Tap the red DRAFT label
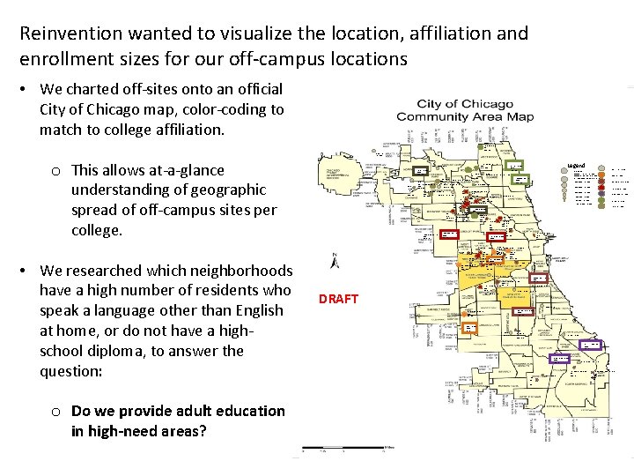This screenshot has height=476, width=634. [339, 299]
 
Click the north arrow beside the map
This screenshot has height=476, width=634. [335, 262]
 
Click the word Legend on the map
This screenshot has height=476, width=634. [577, 166]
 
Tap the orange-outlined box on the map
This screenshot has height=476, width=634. [469, 327]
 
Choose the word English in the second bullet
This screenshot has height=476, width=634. [259, 310]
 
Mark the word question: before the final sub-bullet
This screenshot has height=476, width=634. [71, 371]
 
